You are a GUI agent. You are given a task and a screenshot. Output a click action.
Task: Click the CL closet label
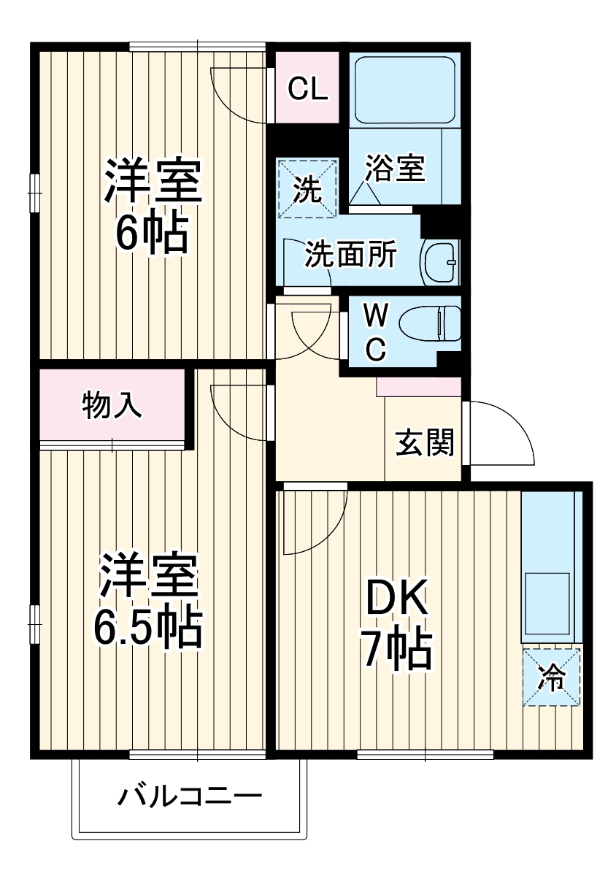[x=307, y=89]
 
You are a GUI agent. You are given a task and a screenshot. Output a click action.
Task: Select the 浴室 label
[x=395, y=169]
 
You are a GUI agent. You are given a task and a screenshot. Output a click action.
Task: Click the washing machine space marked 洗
[x=307, y=188]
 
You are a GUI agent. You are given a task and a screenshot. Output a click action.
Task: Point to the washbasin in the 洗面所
[x=439, y=261]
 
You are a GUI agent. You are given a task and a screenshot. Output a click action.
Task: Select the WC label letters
[x=375, y=332]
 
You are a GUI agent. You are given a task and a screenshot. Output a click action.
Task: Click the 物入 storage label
[x=112, y=406]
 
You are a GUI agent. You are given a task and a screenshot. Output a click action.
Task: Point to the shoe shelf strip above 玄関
[x=418, y=387]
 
